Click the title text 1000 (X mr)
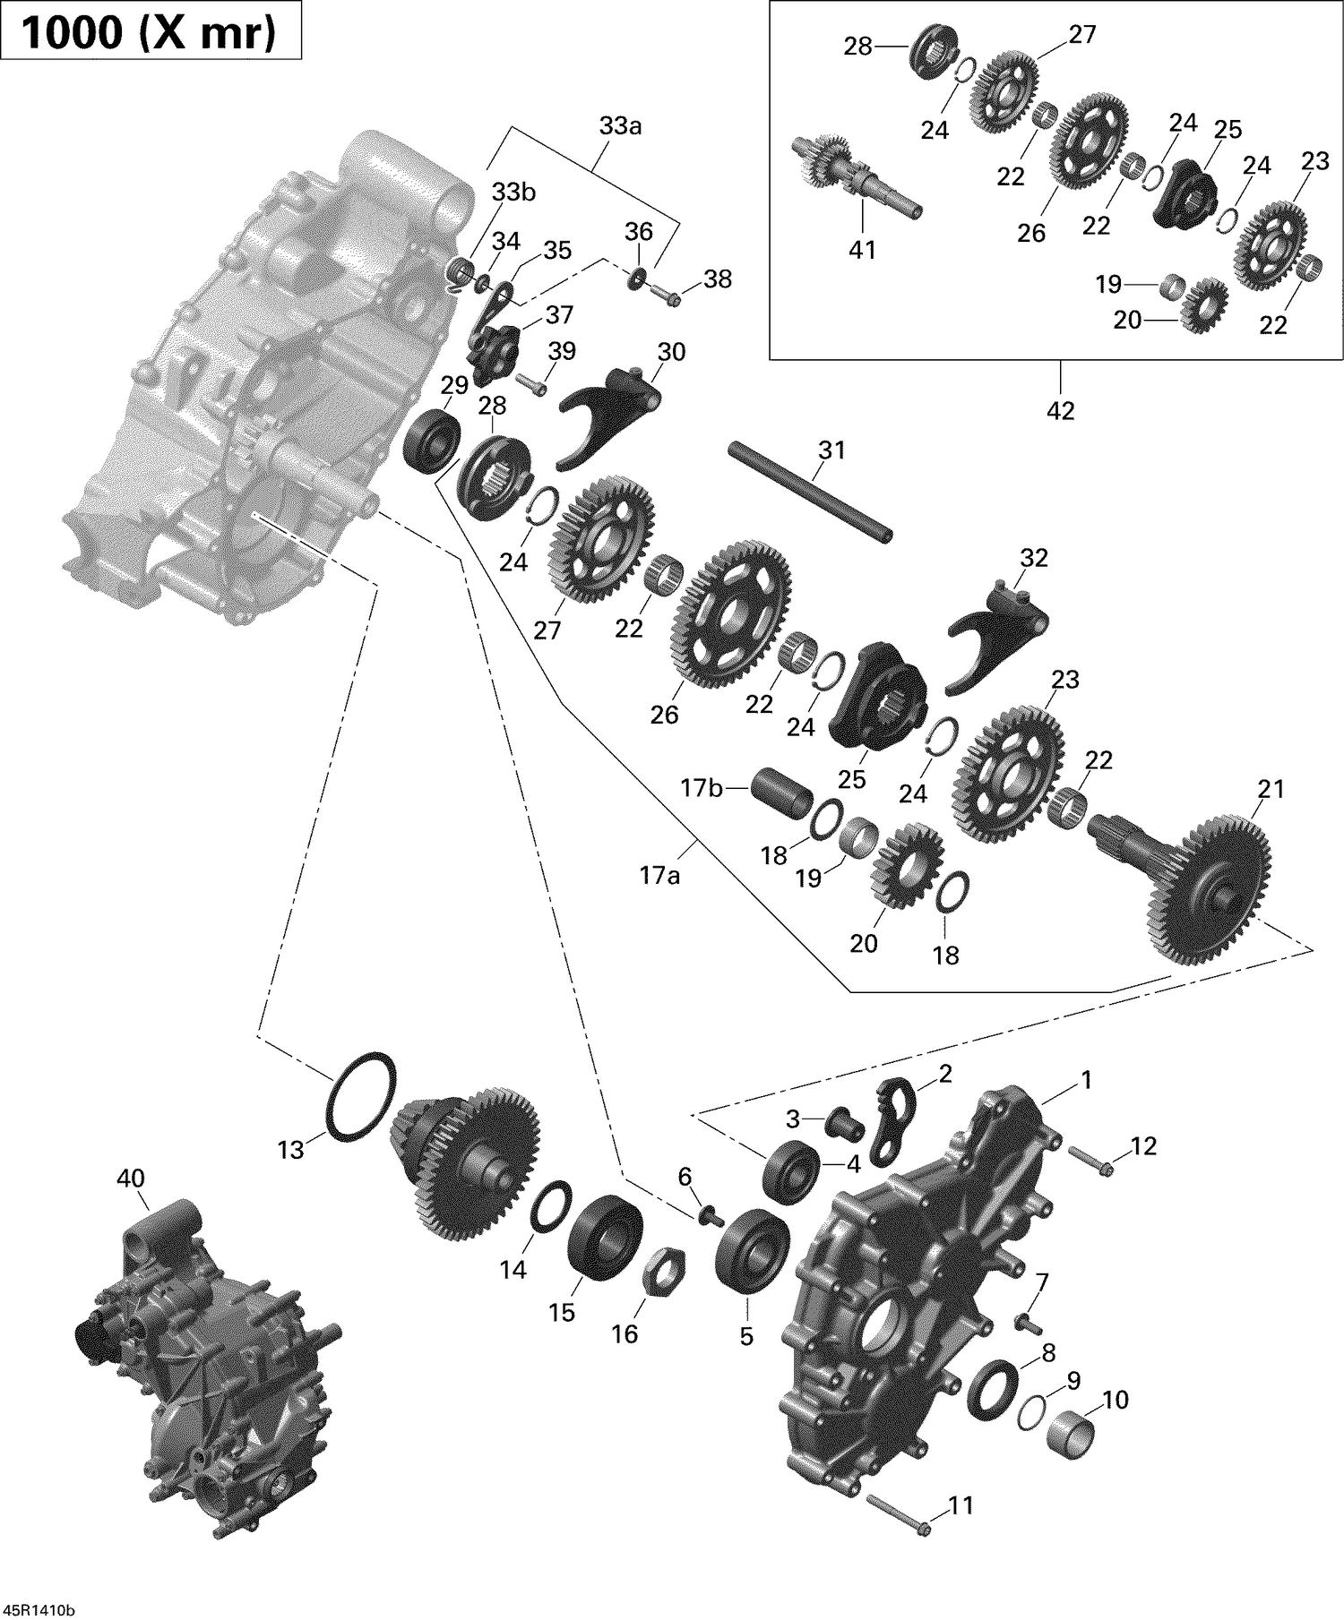point(150,32)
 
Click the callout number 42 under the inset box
point(1060,410)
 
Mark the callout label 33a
point(620,126)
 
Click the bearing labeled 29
point(433,441)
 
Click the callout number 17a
point(659,875)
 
